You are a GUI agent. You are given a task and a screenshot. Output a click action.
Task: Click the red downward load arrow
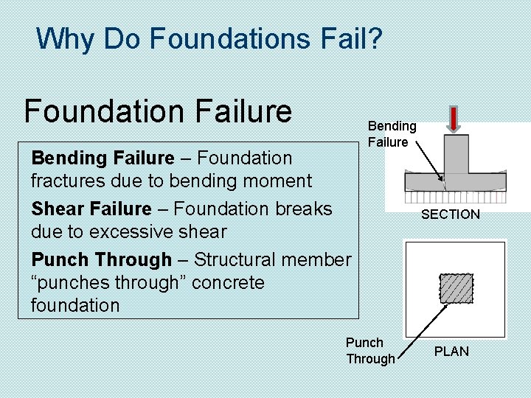point(454,119)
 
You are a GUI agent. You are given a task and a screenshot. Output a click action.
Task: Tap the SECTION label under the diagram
point(450,214)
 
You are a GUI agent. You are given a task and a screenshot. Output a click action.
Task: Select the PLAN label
point(451,352)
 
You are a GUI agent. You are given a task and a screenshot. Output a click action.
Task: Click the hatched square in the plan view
point(456,289)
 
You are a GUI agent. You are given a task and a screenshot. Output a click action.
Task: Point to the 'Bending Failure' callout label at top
point(392,134)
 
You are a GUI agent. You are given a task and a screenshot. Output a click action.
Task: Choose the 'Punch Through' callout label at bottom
point(370,351)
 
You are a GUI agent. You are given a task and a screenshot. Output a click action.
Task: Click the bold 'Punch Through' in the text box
point(101,260)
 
